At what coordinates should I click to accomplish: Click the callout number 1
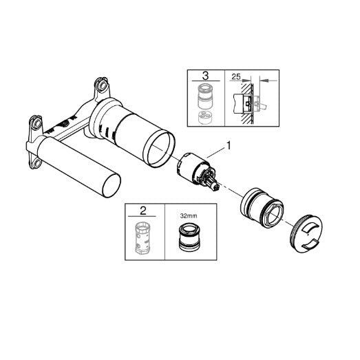point(229,145)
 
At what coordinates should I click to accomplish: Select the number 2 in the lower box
point(142,211)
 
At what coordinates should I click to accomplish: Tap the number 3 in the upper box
point(206,76)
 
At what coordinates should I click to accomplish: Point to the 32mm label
point(189,216)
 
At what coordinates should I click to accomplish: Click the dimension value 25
point(236,76)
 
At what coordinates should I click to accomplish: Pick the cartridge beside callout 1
point(197,171)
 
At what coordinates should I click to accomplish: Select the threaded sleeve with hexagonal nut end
point(262,208)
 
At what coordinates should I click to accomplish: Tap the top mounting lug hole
point(103,85)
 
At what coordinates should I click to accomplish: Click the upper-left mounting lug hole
point(36,123)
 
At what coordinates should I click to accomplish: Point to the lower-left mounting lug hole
point(36,162)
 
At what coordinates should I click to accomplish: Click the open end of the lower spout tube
point(112,186)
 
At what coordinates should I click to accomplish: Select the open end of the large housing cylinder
point(158,148)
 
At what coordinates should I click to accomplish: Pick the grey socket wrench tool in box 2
point(142,238)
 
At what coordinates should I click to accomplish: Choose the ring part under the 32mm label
point(190,237)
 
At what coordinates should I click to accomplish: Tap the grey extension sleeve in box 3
point(205,96)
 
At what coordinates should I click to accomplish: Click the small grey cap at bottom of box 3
point(205,117)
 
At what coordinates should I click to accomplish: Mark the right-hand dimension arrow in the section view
point(269,81)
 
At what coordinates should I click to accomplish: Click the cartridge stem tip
point(216,187)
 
